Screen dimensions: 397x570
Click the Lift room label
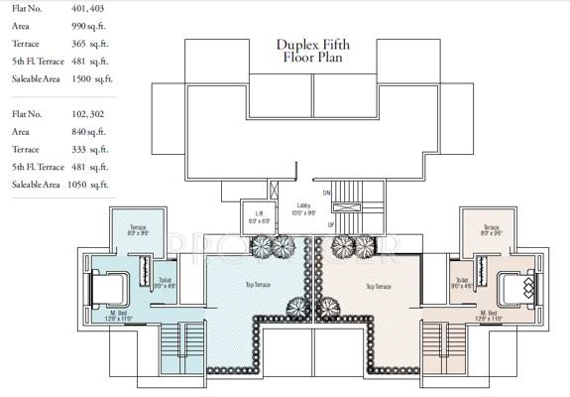pyautogui.click(x=259, y=215)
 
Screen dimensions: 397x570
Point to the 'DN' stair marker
pyautogui.click(x=325, y=192)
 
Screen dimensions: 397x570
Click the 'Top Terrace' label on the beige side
pyautogui.click(x=378, y=286)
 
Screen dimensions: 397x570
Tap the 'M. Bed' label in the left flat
pyautogui.click(x=120, y=316)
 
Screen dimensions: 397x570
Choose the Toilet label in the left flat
pyautogui.click(x=164, y=282)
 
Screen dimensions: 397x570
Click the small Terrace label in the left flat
pyautogui.click(x=138, y=230)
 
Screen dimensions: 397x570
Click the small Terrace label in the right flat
pyautogui.click(x=492, y=230)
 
